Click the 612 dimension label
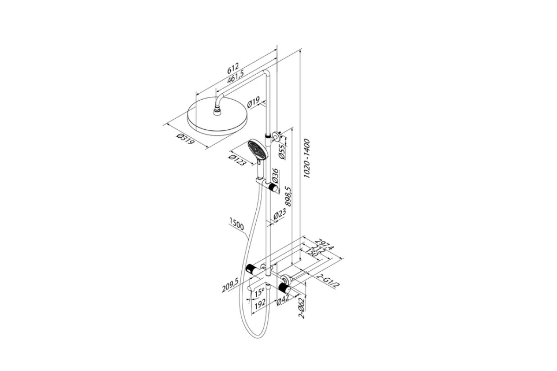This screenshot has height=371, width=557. (233, 68)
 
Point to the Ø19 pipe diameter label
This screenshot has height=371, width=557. (253, 102)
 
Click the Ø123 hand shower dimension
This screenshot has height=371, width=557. (238, 160)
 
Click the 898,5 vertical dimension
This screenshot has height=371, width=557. (288, 196)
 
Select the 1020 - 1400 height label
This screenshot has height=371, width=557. (307, 159)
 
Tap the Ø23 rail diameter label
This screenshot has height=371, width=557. (280, 214)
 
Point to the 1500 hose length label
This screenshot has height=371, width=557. (237, 224)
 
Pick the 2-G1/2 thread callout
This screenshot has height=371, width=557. (328, 281)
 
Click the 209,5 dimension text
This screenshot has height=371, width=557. (230, 285)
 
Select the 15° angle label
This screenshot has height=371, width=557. (259, 292)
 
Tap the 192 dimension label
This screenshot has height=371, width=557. (260, 303)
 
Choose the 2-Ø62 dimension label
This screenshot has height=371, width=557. (302, 308)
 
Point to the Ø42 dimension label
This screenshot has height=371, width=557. (283, 300)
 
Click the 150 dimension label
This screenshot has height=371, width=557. (311, 253)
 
